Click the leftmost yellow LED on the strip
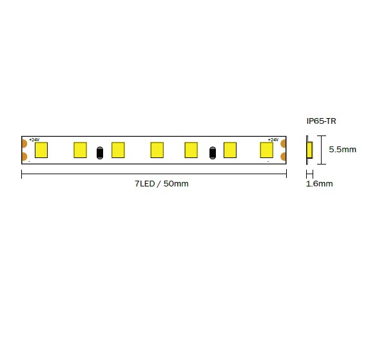pyautogui.click(x=41, y=150)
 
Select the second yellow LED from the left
pyautogui.click(x=81, y=150)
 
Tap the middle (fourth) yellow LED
pyautogui.click(x=157, y=150)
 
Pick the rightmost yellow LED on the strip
pyautogui.click(x=267, y=150)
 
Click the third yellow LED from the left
pyautogui.click(x=118, y=150)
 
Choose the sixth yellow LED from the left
pyautogui.click(x=230, y=150)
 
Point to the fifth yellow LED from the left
pyautogui.click(x=191, y=150)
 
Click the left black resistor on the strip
pyautogui.click(x=100, y=153)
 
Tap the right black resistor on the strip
pyautogui.click(x=213, y=153)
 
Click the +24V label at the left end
pyautogui.click(x=34, y=140)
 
